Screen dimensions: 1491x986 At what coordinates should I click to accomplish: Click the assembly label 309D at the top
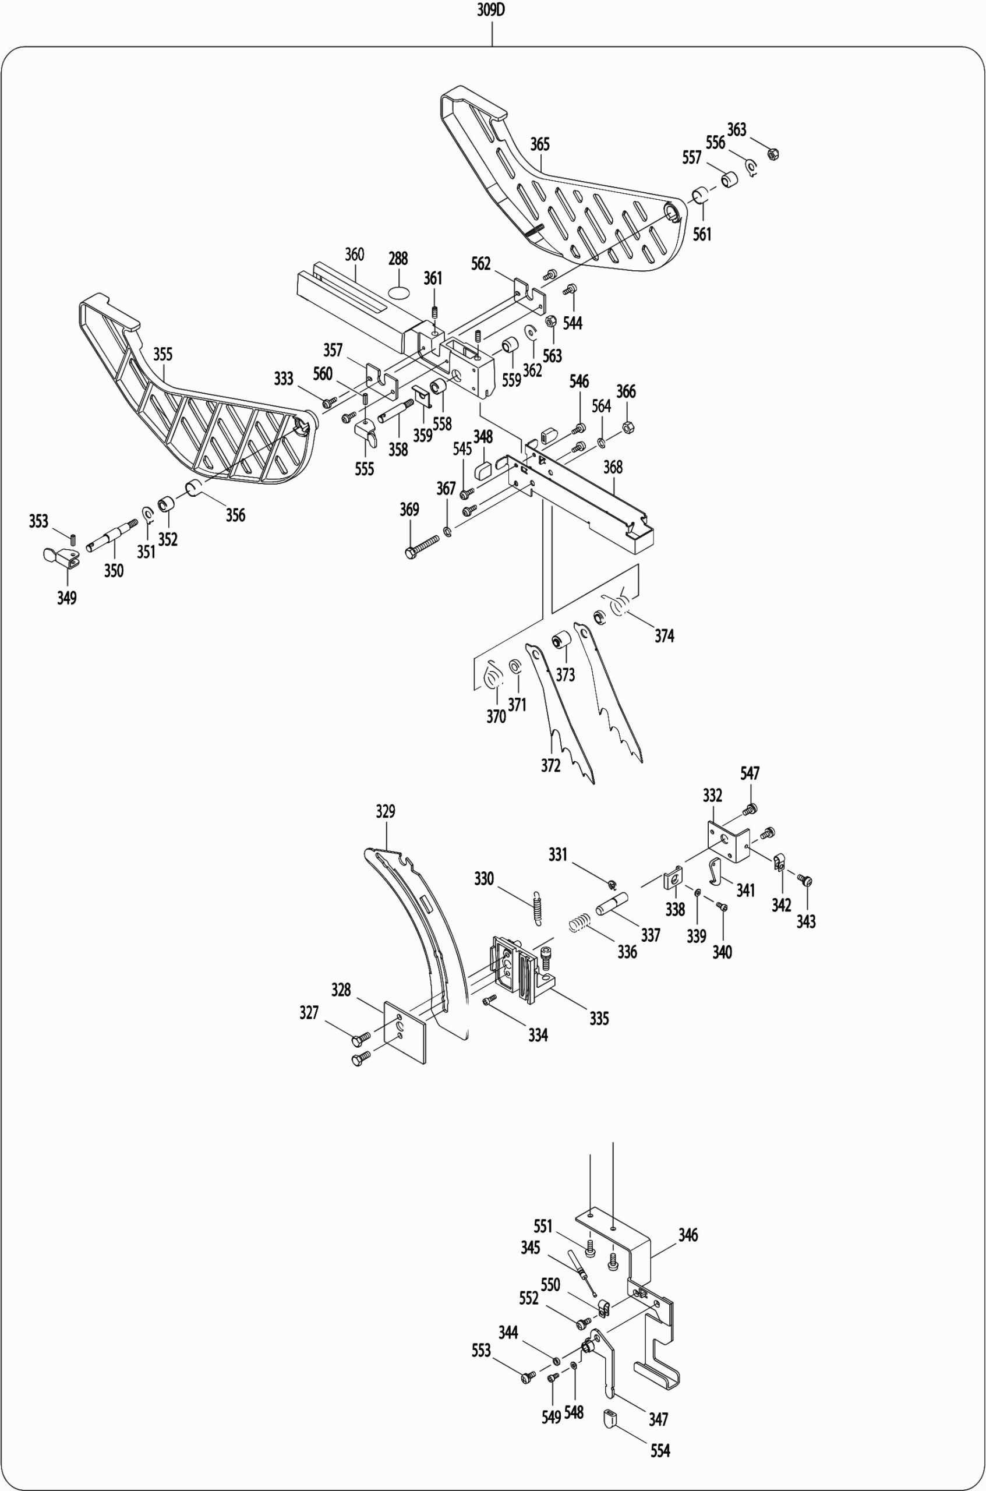[x=491, y=10]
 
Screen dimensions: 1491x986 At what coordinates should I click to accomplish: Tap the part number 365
[x=539, y=144]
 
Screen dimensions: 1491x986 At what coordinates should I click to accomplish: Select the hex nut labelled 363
[x=774, y=153]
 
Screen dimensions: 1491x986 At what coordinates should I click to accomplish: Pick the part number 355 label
[x=163, y=354]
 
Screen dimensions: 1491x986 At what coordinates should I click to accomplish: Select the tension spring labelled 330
[x=536, y=909]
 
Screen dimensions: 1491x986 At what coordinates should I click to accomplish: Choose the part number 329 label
[x=386, y=811]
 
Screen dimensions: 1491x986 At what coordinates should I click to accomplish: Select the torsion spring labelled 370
[x=494, y=678]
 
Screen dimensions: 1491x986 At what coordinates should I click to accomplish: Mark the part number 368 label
[x=613, y=467]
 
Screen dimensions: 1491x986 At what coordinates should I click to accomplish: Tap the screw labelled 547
[x=750, y=810]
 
